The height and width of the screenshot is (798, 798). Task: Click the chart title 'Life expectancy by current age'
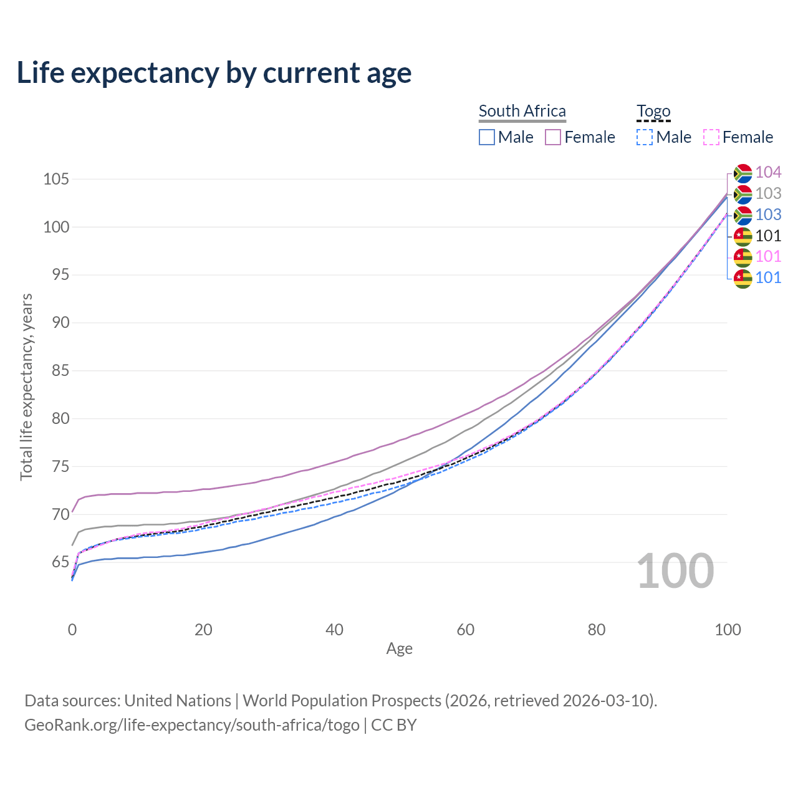[x=214, y=73]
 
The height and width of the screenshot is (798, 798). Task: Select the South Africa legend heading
[x=522, y=111]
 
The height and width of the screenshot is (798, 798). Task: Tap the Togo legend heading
[x=653, y=112]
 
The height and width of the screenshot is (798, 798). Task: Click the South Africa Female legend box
[x=553, y=137]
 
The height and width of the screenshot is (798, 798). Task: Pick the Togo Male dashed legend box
[x=645, y=137]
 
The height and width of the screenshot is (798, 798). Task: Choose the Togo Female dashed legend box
[x=711, y=137]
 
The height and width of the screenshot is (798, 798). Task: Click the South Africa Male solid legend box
[x=487, y=137]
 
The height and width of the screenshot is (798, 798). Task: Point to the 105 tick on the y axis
[x=55, y=180]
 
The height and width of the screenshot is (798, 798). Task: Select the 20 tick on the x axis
[x=203, y=630]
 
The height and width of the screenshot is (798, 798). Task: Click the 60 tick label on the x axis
[x=466, y=630]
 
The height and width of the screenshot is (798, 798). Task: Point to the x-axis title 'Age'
[x=399, y=649]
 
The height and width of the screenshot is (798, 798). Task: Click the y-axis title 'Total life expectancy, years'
[x=26, y=387]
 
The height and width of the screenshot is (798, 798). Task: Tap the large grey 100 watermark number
[x=675, y=571]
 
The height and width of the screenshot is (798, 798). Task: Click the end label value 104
[x=768, y=172]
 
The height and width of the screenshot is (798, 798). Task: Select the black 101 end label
[x=768, y=236]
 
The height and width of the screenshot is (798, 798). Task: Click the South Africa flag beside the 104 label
[x=743, y=173]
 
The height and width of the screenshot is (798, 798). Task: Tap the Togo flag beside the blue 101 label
[x=743, y=278]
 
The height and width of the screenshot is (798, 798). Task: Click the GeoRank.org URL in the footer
[x=192, y=725]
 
